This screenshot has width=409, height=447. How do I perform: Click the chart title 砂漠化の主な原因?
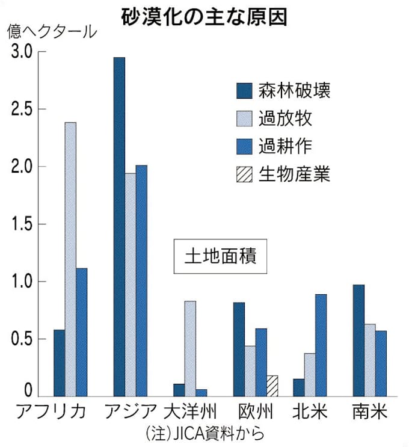pos(204,16)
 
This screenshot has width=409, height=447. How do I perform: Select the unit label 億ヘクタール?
pos(52,33)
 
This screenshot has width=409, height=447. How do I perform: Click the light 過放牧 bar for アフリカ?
pos(70,259)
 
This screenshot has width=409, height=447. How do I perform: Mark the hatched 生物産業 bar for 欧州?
pos(272,386)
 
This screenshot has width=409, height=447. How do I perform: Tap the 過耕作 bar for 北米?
pos(321,345)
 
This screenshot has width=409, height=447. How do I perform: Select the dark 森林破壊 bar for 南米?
pos(358,341)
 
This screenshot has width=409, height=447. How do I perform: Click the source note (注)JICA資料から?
pos(204,433)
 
